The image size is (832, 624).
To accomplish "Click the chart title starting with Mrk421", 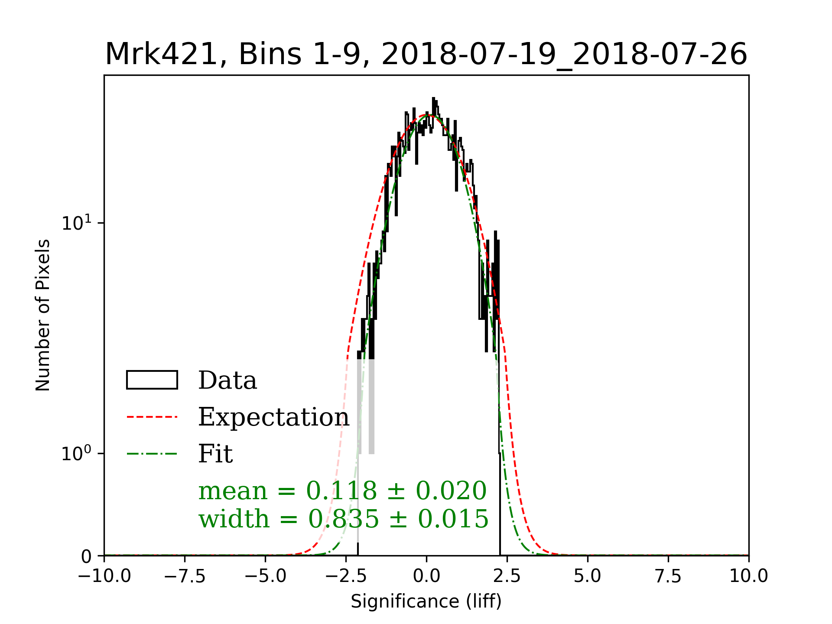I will click(426, 55).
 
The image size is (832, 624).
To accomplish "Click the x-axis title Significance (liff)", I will click(426, 601).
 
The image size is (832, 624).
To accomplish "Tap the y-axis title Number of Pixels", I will click(43, 315).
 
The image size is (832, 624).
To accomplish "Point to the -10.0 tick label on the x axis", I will click(104, 576).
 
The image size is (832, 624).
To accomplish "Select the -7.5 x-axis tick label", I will click(185, 576).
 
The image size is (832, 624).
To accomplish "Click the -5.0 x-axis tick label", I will click(266, 576).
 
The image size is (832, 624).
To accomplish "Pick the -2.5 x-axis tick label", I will click(346, 576).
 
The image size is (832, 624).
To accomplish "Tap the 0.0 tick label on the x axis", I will click(426, 576).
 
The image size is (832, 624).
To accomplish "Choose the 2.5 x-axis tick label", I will click(507, 576).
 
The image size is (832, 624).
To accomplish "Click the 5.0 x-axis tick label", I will click(588, 576).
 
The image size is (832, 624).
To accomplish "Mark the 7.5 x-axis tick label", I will click(668, 576).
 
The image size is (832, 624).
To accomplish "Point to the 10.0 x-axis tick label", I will click(748, 576).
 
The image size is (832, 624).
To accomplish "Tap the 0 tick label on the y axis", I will click(86, 556).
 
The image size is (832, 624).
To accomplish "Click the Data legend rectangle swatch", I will click(152, 380).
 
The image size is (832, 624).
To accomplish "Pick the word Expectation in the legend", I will click(273, 417).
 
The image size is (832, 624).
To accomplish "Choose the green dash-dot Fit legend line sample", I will click(152, 454).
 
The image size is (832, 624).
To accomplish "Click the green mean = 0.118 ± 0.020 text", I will click(342, 491).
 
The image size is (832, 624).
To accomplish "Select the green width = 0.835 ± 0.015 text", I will click(343, 519).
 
